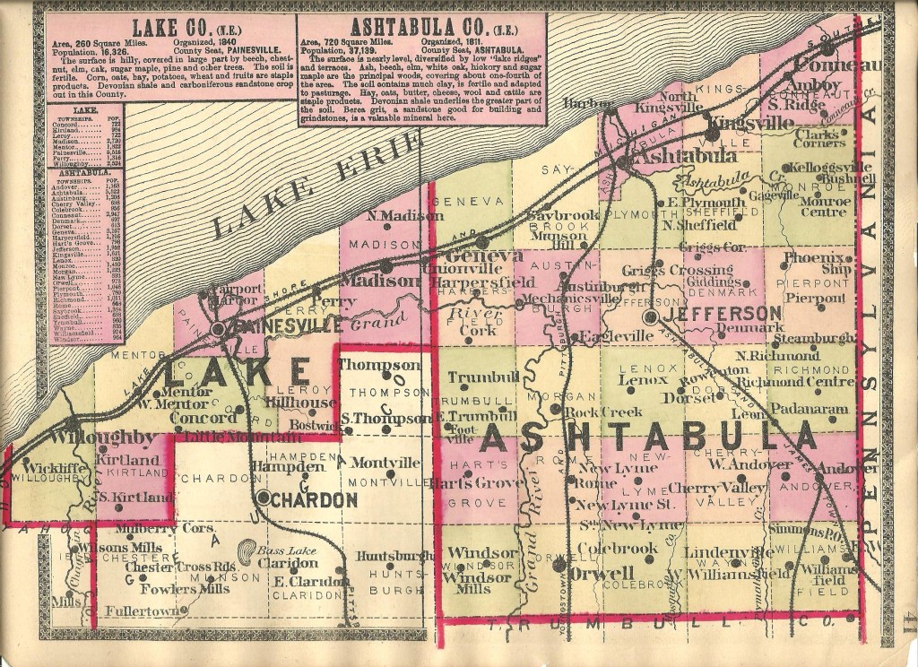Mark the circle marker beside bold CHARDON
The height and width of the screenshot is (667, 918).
pyautogui.click(x=264, y=496)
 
